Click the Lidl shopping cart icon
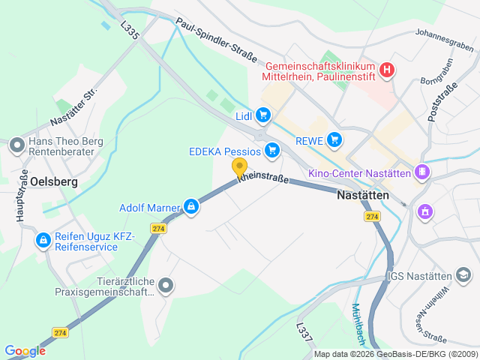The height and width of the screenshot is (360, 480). click(262, 115)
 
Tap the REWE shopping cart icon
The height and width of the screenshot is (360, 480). click(334, 139)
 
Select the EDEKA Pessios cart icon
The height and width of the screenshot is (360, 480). click(272, 151)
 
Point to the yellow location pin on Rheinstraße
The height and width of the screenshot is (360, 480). click(239, 168)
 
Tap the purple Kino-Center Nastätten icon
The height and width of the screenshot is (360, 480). click(423, 173)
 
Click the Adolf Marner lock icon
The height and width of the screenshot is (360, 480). click(192, 206)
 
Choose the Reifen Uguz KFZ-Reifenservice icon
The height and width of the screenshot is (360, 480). click(43, 241)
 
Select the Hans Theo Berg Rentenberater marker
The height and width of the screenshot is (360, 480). click(16, 145)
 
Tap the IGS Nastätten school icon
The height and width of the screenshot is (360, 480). click(466, 277)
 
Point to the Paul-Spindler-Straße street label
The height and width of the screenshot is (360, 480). click(217, 40)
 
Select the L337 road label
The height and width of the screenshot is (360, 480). click(304, 334)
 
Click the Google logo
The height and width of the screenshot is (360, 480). click(25, 351)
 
